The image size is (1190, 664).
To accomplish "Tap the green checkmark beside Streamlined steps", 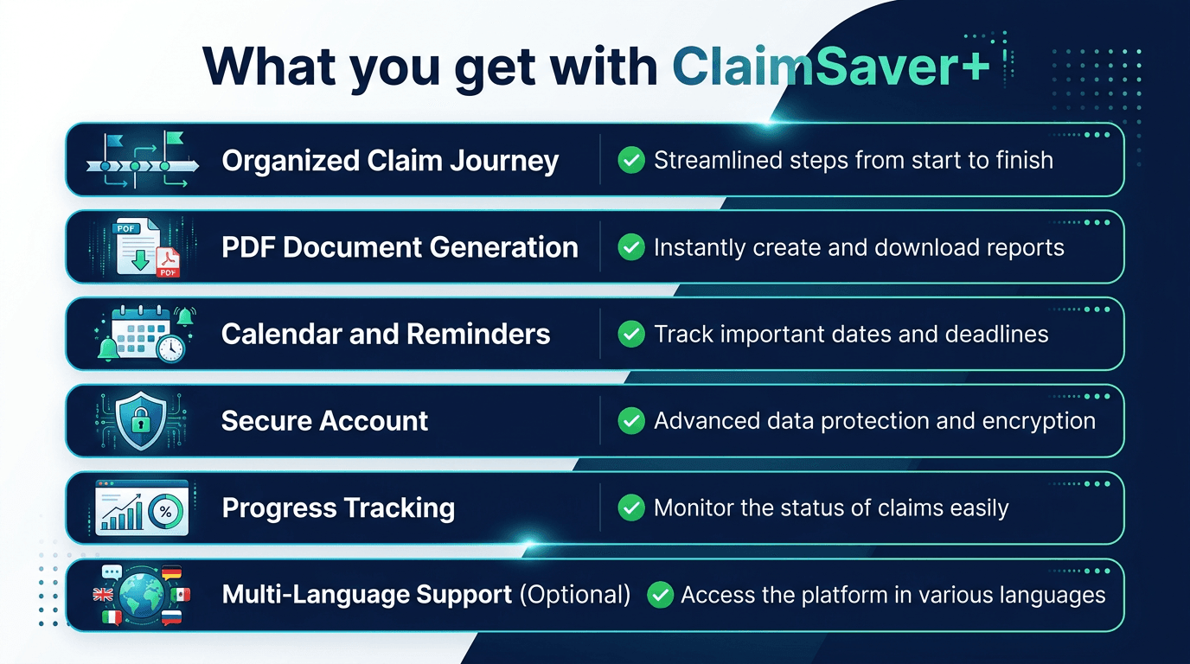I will pos(631,160).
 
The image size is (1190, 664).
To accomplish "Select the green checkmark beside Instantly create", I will pos(631,247).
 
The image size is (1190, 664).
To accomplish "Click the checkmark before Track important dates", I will pos(631,334).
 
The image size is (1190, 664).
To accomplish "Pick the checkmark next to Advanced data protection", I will pos(631,421).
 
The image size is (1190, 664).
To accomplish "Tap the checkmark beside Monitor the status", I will pos(631,508).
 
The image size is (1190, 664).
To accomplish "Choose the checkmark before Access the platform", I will pos(660,595).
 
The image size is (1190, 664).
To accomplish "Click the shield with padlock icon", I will pos(141,421).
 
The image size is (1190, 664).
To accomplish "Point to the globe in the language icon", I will pos(141,596).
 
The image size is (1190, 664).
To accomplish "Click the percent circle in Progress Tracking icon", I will pos(165,511).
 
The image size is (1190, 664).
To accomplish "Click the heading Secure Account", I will pos(324,421).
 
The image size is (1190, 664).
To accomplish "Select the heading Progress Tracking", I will pos(338,508).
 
